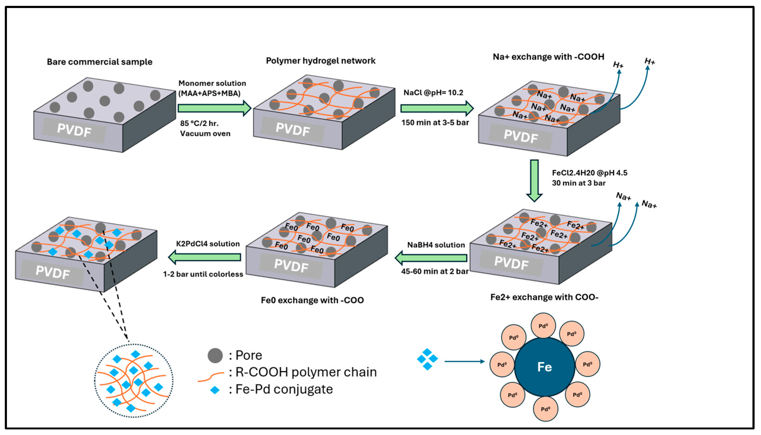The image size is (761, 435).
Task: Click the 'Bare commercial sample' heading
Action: (x=99, y=62)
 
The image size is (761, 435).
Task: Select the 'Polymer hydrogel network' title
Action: (x=320, y=61)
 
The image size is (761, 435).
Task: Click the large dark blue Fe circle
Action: (x=544, y=367)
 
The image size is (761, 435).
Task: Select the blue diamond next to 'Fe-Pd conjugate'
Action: (x=215, y=390)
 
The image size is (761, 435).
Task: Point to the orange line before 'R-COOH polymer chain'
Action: (x=211, y=376)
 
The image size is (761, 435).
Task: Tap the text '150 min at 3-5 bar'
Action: (x=435, y=122)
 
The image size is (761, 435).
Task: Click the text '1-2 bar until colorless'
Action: (x=203, y=274)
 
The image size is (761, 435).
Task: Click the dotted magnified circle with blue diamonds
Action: (x=134, y=380)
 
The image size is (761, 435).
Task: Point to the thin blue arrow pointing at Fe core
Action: (x=464, y=362)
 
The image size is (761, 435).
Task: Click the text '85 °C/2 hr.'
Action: (x=199, y=123)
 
